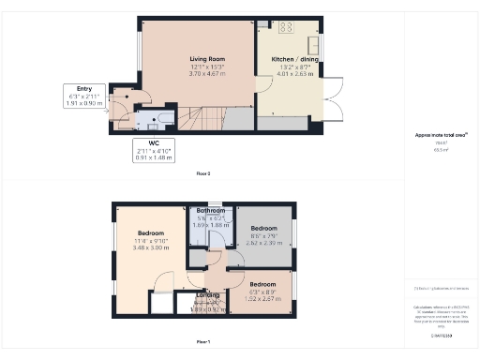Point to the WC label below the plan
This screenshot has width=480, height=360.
pos(154,143)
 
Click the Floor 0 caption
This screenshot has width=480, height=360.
pos(202,174)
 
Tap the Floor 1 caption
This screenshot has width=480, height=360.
pos(202,341)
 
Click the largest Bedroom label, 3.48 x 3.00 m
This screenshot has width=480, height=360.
pos(151,232)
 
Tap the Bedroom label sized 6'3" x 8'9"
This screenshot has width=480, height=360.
pos(262,283)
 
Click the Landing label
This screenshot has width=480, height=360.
pos(208,295)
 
